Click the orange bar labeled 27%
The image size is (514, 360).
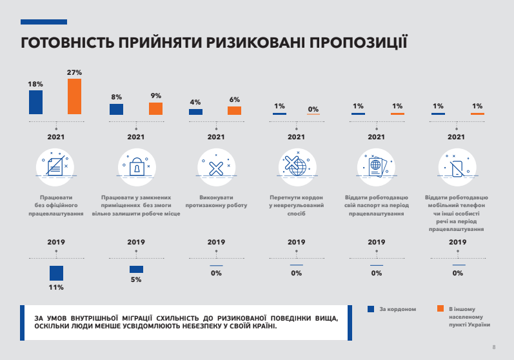coord(74,97)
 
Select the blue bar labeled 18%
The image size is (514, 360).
coord(35,103)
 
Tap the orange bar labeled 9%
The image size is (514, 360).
coord(155,109)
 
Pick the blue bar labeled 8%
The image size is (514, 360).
coord(116,110)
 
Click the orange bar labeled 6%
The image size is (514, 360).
coord(234,111)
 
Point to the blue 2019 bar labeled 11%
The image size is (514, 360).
coord(56,273)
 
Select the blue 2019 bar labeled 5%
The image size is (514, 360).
coord(136,269)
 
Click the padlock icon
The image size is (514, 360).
coord(137,168)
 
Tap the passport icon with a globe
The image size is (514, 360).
coord(376,165)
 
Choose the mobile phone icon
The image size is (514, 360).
coord(457,168)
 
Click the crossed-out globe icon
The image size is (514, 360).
coord(295,166)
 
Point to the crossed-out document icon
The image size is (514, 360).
coord(56,166)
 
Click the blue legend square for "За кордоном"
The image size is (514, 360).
coord(371,309)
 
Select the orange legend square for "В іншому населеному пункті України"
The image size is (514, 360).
coord(440,309)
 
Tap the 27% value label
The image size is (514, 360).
coord(74,72)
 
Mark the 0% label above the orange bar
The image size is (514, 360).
coord(313,109)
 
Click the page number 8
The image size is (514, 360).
coord(493,347)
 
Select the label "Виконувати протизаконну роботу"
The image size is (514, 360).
coord(216,201)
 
